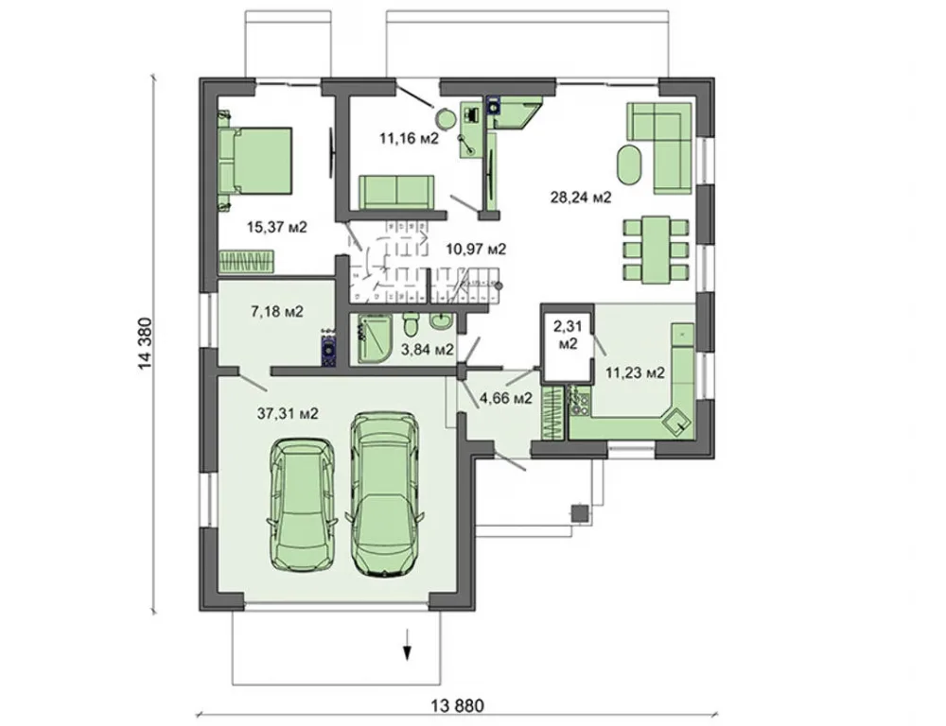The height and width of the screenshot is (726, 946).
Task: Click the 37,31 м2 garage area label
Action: click(x=288, y=414)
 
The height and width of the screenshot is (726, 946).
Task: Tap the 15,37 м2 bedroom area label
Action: click(x=277, y=227)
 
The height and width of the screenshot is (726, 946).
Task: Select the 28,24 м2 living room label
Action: click(x=581, y=197)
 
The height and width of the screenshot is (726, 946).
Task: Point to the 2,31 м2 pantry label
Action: click(x=569, y=335)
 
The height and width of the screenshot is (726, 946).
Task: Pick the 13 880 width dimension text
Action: click(x=458, y=705)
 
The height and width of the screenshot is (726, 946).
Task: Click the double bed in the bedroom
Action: click(x=255, y=161)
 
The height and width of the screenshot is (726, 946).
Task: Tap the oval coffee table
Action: click(x=631, y=165)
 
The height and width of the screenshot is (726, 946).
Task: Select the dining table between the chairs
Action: click(x=656, y=250)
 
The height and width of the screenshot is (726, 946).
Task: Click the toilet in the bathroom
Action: click(x=411, y=324)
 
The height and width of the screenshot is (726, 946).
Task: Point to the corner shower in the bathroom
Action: click(x=374, y=337)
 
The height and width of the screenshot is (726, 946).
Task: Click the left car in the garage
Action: click(x=301, y=504)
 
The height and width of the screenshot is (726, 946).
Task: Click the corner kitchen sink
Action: click(x=676, y=421)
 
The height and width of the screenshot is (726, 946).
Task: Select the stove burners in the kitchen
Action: click(x=580, y=401)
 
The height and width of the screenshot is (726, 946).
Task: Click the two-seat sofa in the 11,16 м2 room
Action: click(x=396, y=192)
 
